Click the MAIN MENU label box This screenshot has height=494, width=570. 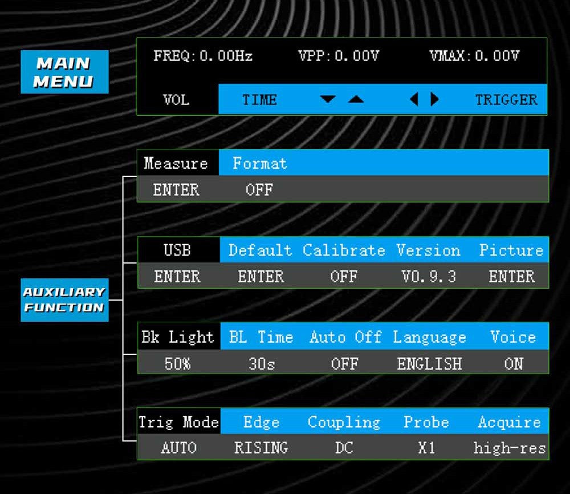click(x=64, y=72)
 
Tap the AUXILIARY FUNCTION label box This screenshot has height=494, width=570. click(x=64, y=299)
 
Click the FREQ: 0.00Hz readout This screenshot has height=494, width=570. click(x=203, y=56)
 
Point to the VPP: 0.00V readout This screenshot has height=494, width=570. click(x=338, y=56)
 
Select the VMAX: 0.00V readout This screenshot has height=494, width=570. click(x=474, y=56)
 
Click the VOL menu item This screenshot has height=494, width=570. click(x=176, y=100)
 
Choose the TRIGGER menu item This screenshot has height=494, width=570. click(x=506, y=100)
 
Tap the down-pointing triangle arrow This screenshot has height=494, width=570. click(x=328, y=100)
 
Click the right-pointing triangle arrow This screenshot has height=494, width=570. click(x=435, y=100)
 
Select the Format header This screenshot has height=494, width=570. click(x=259, y=164)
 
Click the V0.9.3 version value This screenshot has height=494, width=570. click(x=429, y=277)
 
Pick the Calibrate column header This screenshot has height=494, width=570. click(x=344, y=250)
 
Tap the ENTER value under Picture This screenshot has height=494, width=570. click(x=512, y=277)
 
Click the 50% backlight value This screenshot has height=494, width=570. click(x=177, y=363)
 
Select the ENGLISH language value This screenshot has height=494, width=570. click(x=429, y=363)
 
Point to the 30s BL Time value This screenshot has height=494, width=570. click(x=262, y=363)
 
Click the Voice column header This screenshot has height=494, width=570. click(x=513, y=337)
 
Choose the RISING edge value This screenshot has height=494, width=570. click(x=261, y=448)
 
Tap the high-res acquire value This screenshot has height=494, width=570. click(x=510, y=448)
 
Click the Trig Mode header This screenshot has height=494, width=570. click(x=178, y=423)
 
